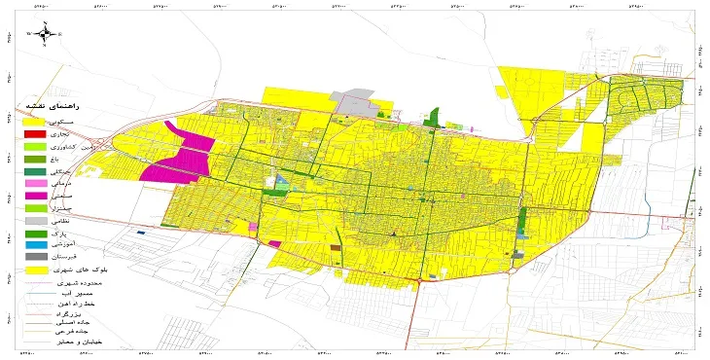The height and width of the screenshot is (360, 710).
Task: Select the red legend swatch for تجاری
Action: (35, 133)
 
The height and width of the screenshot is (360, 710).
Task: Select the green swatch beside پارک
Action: (35, 234)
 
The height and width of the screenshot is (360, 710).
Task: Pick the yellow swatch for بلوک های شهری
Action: (35, 269)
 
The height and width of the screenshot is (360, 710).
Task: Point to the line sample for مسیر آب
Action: (35, 291)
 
